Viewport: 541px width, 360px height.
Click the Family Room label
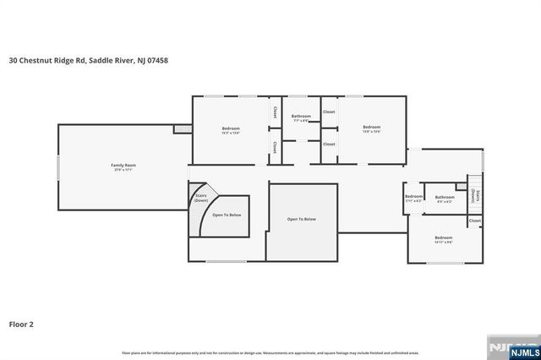(x=123, y=166)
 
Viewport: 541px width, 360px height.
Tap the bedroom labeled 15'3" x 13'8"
(x=232, y=130)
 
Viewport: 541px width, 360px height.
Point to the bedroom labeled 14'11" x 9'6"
(x=444, y=239)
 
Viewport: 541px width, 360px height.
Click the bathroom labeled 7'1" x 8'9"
(x=301, y=118)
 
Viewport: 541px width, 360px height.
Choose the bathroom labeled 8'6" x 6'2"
(x=445, y=199)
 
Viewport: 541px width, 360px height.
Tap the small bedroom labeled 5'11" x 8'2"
(x=413, y=199)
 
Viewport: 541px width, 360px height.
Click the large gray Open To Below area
(x=302, y=221)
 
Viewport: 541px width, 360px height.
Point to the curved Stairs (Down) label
(x=200, y=199)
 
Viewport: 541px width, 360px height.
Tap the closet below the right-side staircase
(x=475, y=221)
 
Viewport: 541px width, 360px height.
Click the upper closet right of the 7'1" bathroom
(x=329, y=112)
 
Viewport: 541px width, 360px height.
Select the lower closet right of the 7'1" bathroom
(x=329, y=145)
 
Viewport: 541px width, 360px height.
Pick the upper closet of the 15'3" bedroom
(x=275, y=112)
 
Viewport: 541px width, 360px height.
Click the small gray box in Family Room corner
(x=180, y=128)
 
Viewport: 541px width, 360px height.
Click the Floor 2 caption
(x=21, y=323)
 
